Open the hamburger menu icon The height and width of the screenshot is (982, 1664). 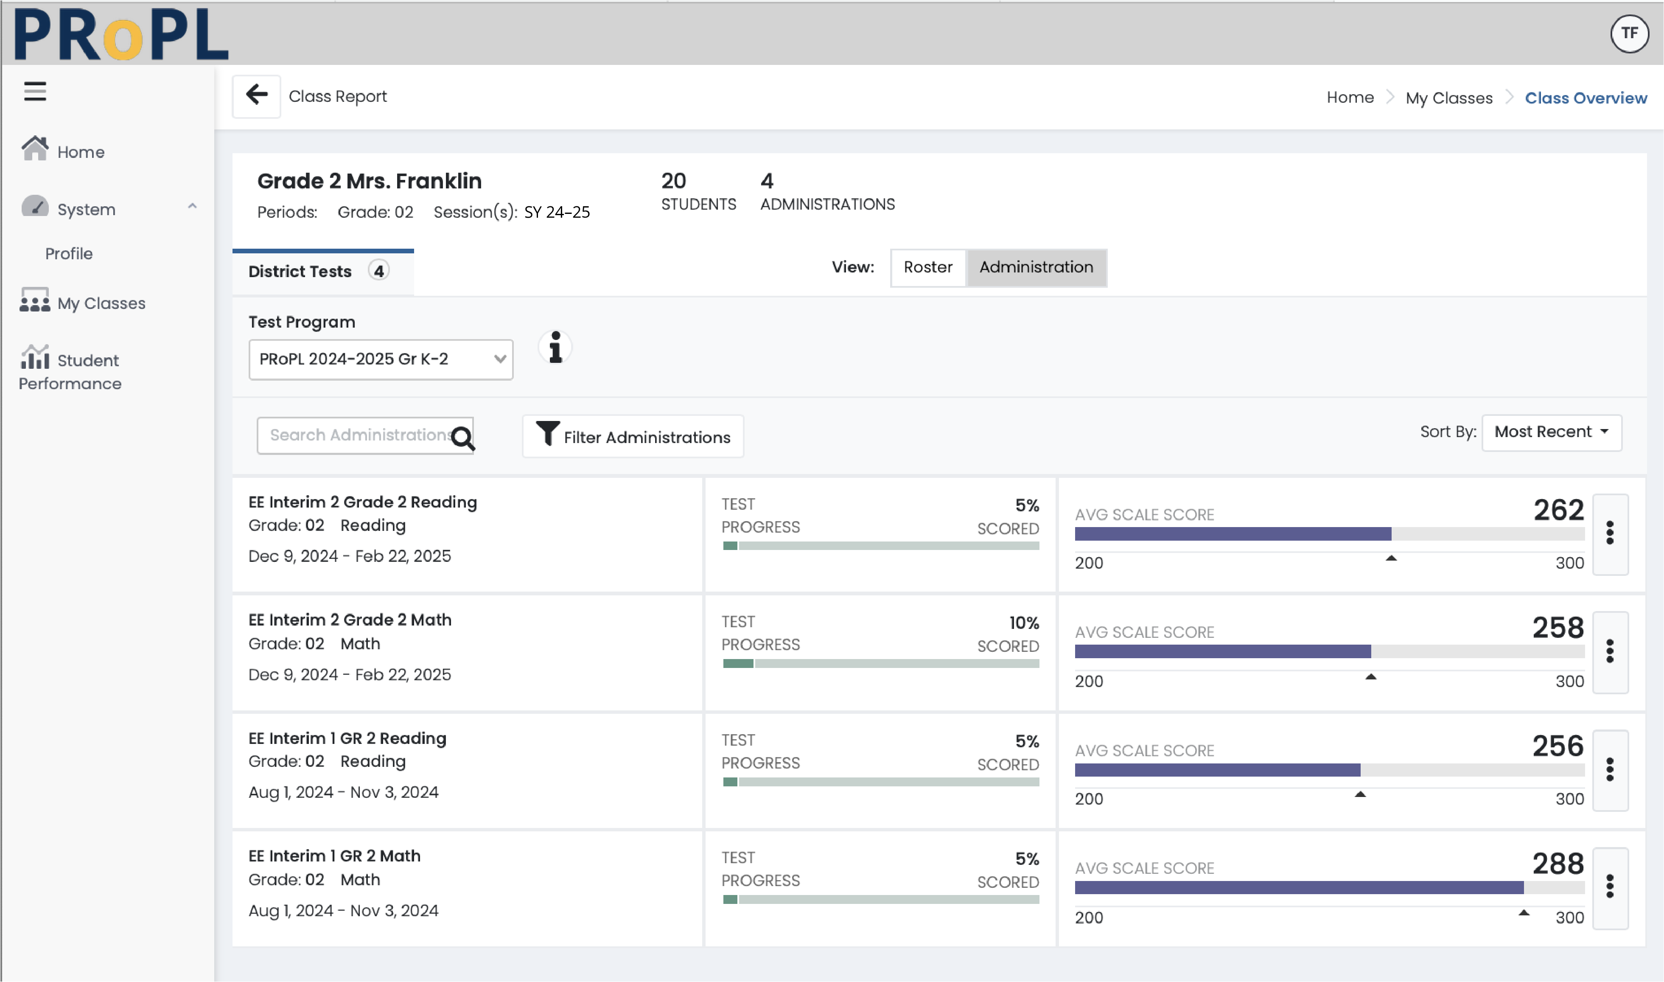[x=35, y=91]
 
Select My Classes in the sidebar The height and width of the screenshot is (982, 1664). [x=101, y=303]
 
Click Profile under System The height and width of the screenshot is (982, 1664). [x=69, y=253]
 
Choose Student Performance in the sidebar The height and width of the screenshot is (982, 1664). [x=70, y=371]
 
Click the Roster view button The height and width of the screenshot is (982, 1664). [x=928, y=267]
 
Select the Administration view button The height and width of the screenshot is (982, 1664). [x=1036, y=267]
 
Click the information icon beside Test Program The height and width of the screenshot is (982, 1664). [x=555, y=348]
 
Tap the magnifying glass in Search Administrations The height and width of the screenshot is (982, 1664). [x=463, y=438]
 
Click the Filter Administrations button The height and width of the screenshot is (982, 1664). [x=633, y=437]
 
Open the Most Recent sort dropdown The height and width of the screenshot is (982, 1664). [x=1551, y=432]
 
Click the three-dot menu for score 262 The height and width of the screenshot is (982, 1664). [x=1609, y=533]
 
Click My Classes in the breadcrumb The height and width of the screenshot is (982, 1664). [x=1448, y=98]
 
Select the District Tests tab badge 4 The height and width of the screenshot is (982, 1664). [x=379, y=271]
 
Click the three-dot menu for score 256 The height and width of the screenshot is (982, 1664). [x=1609, y=769]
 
